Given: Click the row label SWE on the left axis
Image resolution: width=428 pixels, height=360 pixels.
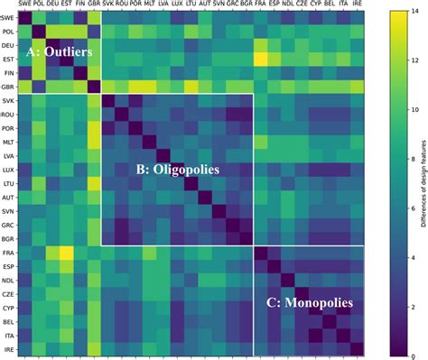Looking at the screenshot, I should [8, 17].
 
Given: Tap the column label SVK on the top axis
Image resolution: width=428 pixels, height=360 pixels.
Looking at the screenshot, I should [108, 5].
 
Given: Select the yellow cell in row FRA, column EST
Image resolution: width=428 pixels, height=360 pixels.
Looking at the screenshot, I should [67, 252].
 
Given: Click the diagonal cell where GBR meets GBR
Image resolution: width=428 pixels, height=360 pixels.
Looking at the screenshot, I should [95, 87].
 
